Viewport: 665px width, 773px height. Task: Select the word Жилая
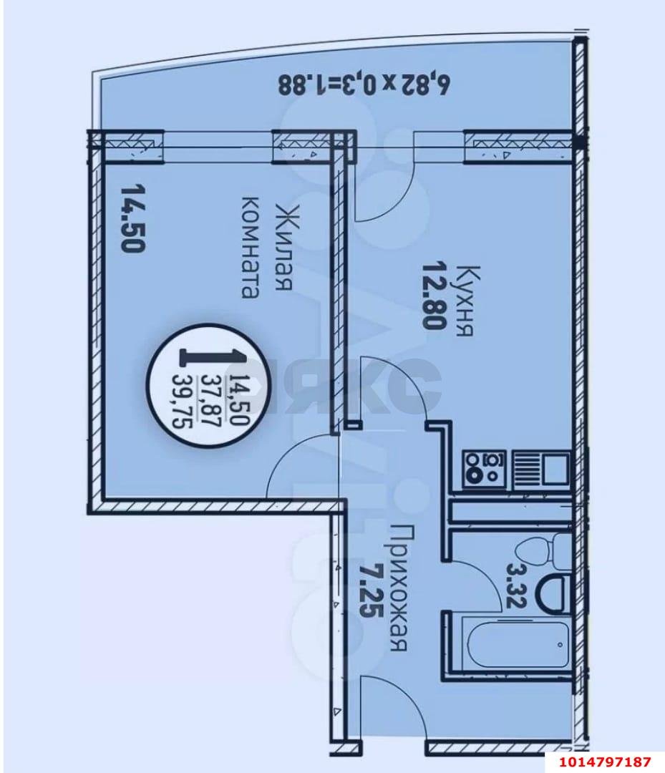tap(281, 247)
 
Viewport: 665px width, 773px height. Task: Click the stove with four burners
tap(484, 469)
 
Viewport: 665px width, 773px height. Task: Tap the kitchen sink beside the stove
tap(548, 469)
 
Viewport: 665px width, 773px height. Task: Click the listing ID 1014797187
tap(606, 761)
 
